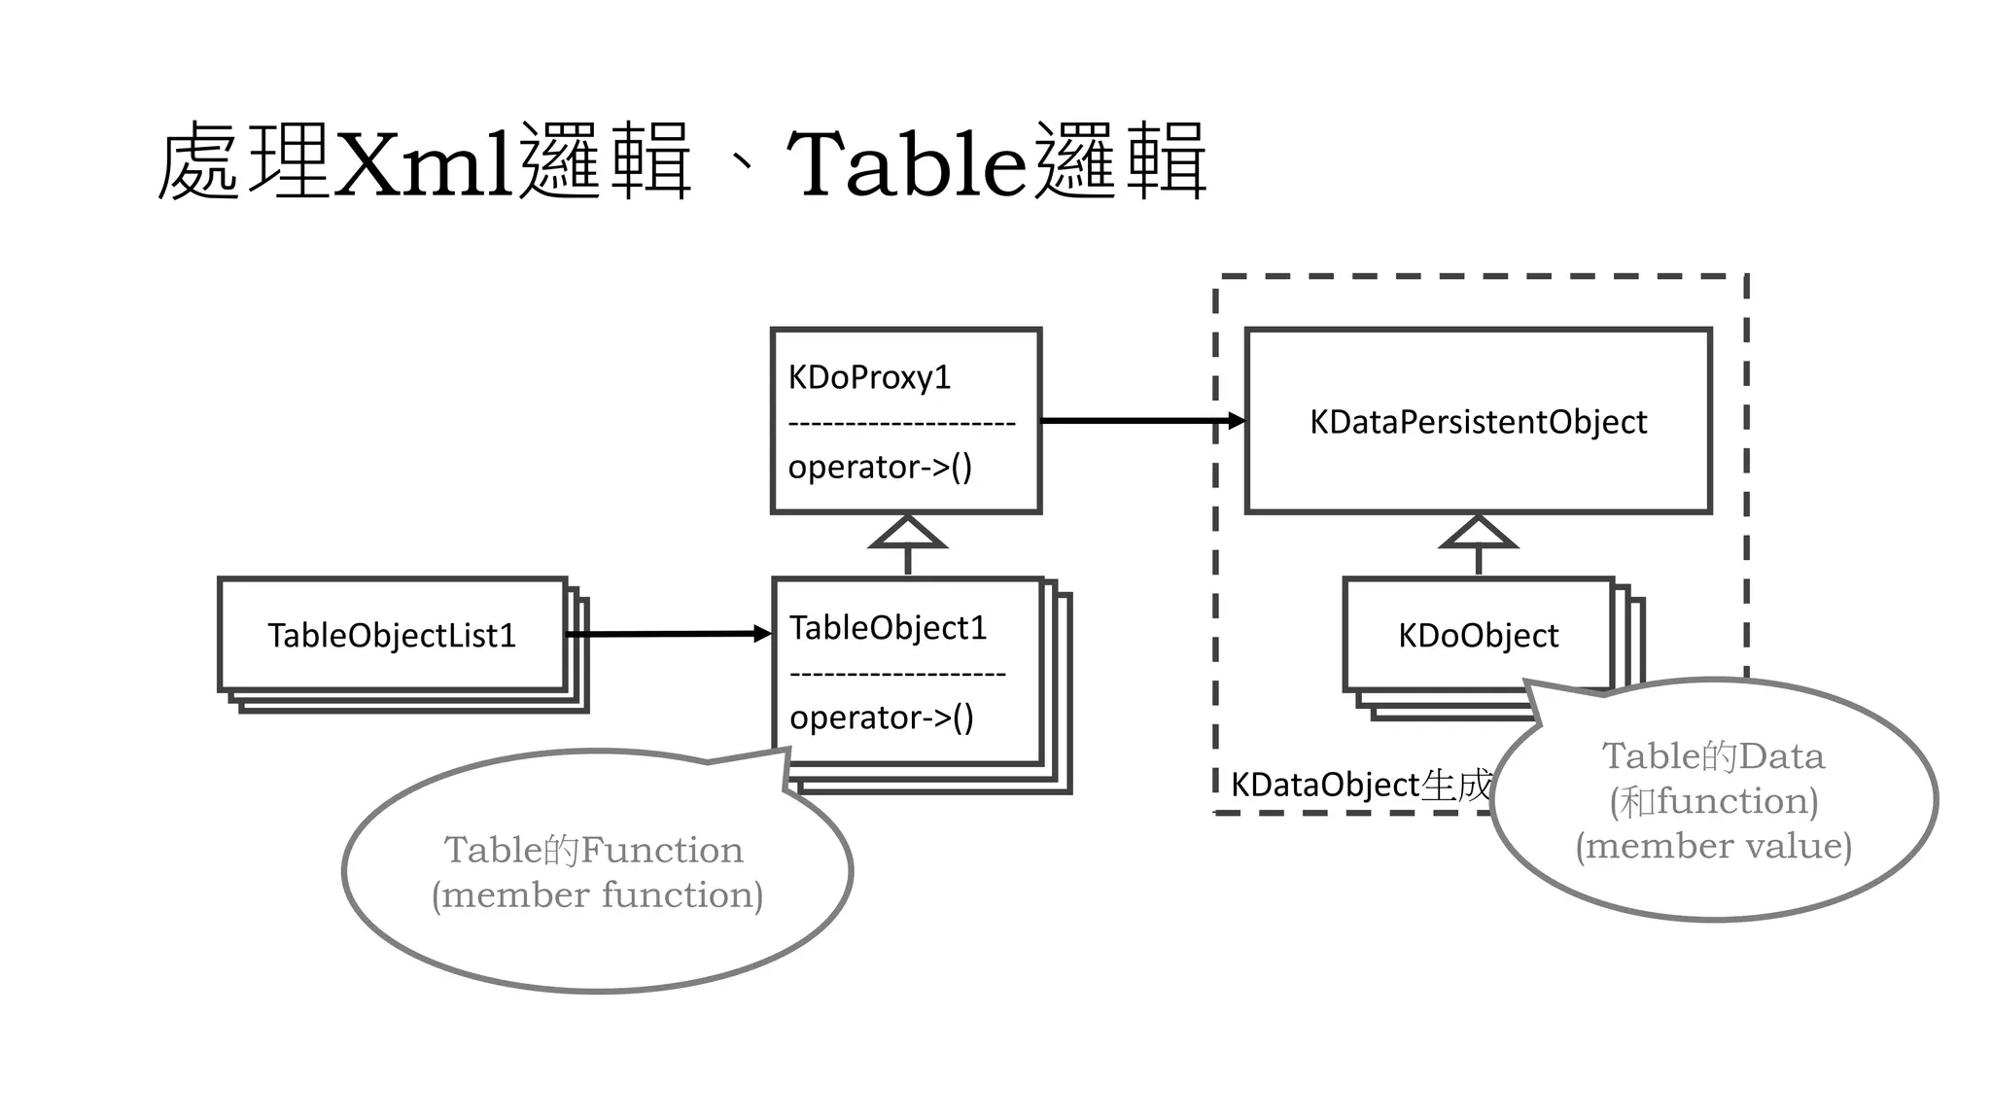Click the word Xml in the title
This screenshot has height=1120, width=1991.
(x=423, y=163)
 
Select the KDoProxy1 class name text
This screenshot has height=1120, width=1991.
(x=869, y=377)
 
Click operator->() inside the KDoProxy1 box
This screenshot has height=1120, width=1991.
(x=880, y=468)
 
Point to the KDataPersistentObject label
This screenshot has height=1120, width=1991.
(x=1478, y=422)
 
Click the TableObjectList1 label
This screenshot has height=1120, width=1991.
(x=392, y=636)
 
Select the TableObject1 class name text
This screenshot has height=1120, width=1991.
(x=888, y=628)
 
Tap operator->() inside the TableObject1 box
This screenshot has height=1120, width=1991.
(x=881, y=718)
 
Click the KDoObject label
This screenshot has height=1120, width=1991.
(x=1478, y=636)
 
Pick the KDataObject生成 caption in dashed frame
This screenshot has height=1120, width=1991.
(x=1360, y=785)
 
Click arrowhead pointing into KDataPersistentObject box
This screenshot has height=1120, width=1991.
(x=1236, y=421)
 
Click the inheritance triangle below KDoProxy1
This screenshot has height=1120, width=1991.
(x=907, y=534)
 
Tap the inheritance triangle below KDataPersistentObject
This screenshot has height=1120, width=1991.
(x=1478, y=534)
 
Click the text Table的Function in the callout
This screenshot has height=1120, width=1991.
(x=593, y=851)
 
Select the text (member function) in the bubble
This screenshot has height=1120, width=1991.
(x=597, y=895)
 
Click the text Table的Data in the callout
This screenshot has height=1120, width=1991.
(x=1713, y=756)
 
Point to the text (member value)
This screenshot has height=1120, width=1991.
(x=1713, y=846)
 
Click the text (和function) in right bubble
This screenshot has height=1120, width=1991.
(x=1713, y=801)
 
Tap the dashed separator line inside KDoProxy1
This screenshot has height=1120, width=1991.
(x=901, y=423)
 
